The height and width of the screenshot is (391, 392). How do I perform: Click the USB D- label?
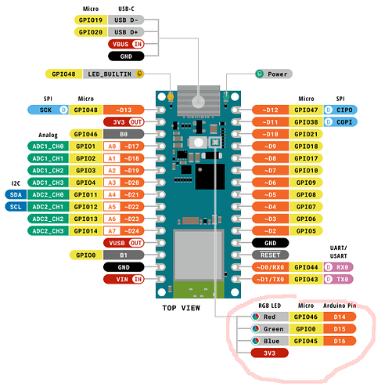pyautogui.click(x=126, y=20)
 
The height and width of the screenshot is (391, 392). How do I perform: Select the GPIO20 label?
pyautogui.click(x=91, y=32)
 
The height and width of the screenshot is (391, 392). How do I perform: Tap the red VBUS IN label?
pyautogui.click(x=126, y=44)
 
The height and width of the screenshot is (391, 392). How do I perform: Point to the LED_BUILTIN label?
pyautogui.click(x=113, y=74)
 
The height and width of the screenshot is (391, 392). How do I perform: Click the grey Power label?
pyautogui.click(x=274, y=74)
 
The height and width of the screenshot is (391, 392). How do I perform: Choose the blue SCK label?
pyautogui.click(x=48, y=110)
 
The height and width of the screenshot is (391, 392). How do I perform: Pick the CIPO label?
pyautogui.click(x=340, y=110)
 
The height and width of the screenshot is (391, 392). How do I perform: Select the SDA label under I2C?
pyautogui.click(x=16, y=194)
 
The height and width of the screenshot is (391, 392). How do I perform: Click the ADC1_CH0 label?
pyautogui.click(x=48, y=147)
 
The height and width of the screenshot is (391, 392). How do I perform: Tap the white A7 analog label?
pyautogui.click(x=112, y=231)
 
